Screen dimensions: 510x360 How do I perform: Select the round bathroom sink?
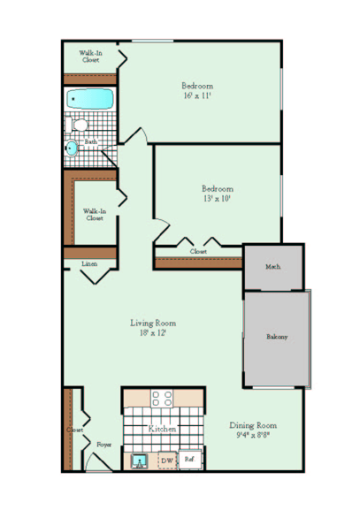click(x=71, y=148)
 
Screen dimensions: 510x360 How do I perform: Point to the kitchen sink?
click(x=139, y=460)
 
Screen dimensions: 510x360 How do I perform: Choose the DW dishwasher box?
click(x=166, y=461)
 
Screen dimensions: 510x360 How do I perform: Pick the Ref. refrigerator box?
click(x=189, y=460)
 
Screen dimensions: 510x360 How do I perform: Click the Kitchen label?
click(x=162, y=429)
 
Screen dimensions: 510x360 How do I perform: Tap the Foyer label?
click(x=103, y=445)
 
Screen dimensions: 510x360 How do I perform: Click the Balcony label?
click(x=277, y=337)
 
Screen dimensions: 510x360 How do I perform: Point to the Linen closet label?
click(x=89, y=263)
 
